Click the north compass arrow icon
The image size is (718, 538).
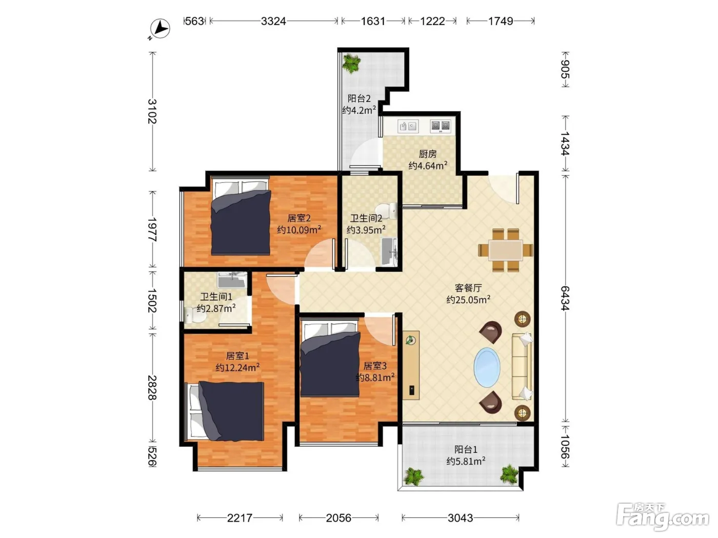tap(160, 28)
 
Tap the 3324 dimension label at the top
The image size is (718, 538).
tap(273, 21)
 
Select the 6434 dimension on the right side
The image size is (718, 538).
tap(565, 298)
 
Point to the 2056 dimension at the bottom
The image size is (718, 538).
tap(338, 518)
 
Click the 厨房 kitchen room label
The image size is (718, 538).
tap(428, 154)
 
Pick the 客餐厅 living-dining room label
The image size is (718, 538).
tap(468, 288)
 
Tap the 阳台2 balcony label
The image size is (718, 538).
tap(359, 98)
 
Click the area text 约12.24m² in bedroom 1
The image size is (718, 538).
tap(237, 367)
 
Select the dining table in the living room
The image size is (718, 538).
tap(505, 250)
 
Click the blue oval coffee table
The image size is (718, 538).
tap(487, 367)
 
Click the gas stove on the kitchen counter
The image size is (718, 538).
tap(440, 126)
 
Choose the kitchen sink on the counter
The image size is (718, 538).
tap(408, 126)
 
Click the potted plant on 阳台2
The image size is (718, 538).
tap(351, 64)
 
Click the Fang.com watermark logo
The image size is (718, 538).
tap(663, 517)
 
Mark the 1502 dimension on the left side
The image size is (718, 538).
tap(152, 300)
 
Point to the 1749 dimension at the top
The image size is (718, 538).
tap(501, 21)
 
